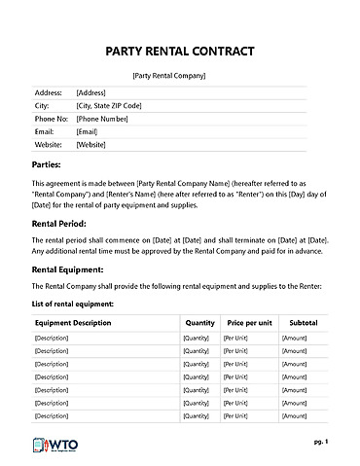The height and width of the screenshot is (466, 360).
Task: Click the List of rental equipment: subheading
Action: point(73,305)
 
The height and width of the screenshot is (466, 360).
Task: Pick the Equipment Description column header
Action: point(80,321)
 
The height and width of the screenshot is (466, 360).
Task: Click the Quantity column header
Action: point(199,321)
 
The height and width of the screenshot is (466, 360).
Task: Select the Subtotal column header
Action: point(304,321)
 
